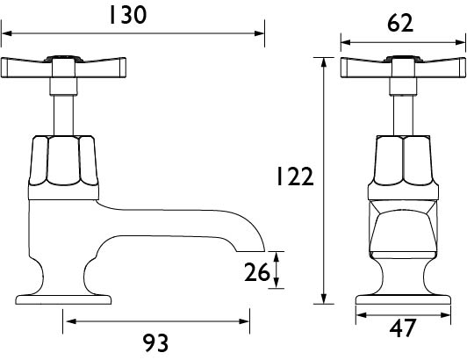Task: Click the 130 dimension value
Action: [x=128, y=15]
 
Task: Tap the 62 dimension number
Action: [x=400, y=23]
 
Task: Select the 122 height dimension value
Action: [x=295, y=176]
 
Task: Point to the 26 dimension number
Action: [x=257, y=272]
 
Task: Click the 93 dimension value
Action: [x=155, y=343]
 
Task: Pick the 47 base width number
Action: [x=402, y=328]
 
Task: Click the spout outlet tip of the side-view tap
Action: [x=251, y=251]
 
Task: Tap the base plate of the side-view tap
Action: [x=63, y=299]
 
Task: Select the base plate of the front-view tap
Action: [x=403, y=299]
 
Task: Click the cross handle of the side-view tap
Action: [x=63, y=67]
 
